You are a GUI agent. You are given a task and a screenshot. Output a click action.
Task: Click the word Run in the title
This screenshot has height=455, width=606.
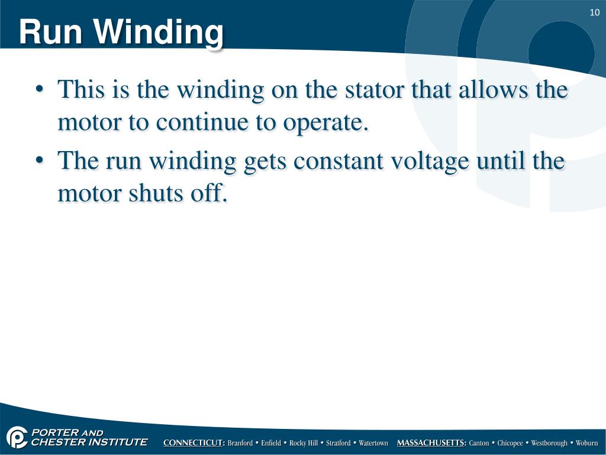[49, 32]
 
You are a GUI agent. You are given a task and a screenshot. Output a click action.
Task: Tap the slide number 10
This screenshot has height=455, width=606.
[595, 13]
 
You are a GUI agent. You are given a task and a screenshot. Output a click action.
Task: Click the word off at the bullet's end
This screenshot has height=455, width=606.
[208, 193]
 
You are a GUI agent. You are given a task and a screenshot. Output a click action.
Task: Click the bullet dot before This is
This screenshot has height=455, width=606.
[40, 91]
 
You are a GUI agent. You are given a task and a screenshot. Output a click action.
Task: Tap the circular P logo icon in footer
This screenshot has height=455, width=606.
[17, 438]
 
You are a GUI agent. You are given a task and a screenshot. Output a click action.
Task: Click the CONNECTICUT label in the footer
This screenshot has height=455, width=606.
[194, 443]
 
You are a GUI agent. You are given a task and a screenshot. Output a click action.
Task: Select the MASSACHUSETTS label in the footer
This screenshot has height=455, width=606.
[431, 443]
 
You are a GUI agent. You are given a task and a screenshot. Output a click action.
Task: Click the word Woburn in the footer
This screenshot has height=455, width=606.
[586, 443]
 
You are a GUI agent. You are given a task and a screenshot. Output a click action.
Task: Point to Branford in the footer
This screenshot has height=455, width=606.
[240, 443]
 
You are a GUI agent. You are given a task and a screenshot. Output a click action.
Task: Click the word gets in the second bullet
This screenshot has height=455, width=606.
[265, 162]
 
